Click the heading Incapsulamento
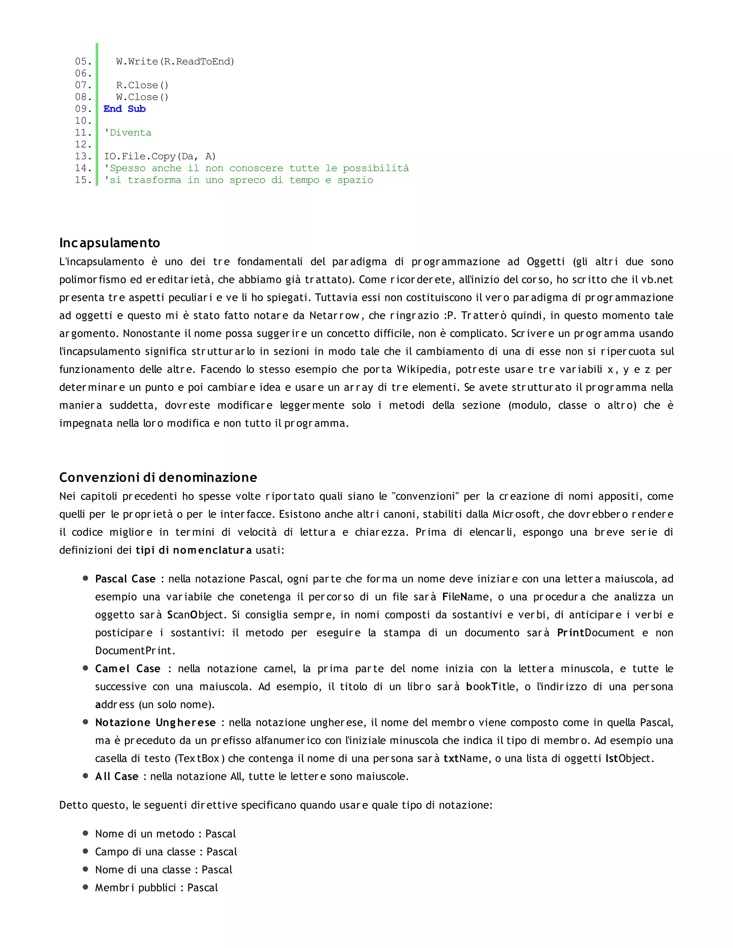[x=110, y=243]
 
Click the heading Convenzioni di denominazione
[x=158, y=478]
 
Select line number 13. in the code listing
[x=83, y=156]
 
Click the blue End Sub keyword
[x=125, y=109]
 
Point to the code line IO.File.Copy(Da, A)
[x=159, y=156]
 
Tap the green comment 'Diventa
[x=128, y=133]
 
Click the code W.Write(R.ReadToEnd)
[x=175, y=62]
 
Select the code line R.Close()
[x=142, y=85]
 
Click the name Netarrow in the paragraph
[x=334, y=316]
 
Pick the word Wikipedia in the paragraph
[x=423, y=370]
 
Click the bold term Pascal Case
[x=126, y=579]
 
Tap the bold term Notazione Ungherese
[x=155, y=723]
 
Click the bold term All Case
[x=117, y=777]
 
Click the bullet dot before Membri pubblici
[x=86, y=887]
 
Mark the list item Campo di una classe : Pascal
[x=166, y=852]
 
